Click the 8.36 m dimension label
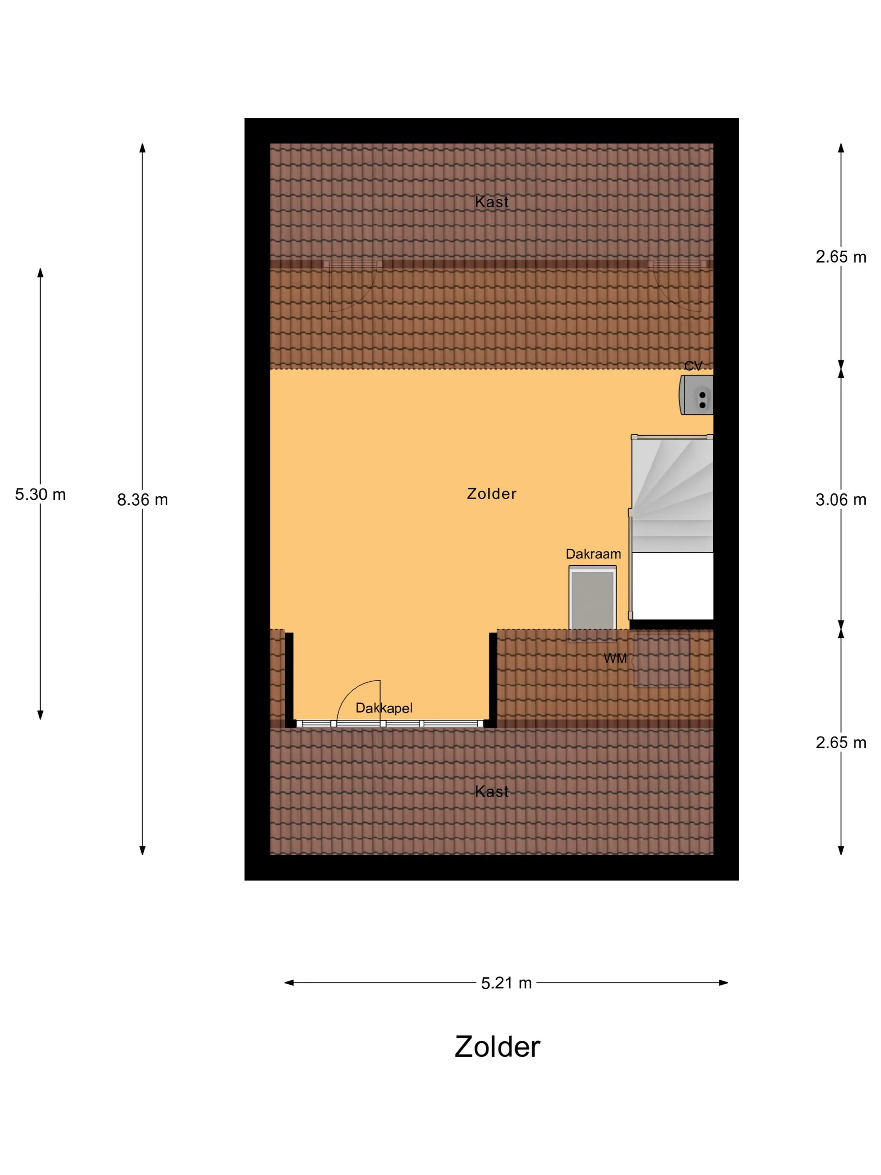pos(142,500)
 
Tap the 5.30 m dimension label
pos(40,494)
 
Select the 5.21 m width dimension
pos(506,983)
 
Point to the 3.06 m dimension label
pos(841,500)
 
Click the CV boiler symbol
pos(696,395)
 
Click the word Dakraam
pos(593,554)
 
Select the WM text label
pos(615,659)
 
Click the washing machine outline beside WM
pos(662,660)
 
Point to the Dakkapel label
pos(384,708)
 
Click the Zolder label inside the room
pos(491,494)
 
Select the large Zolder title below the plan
pos(497,1047)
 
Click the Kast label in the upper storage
pos(492,202)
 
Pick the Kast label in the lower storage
pos(492,791)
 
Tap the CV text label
pos(693,366)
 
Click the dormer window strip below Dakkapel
pos(390,723)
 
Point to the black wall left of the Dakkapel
pos(289,679)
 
